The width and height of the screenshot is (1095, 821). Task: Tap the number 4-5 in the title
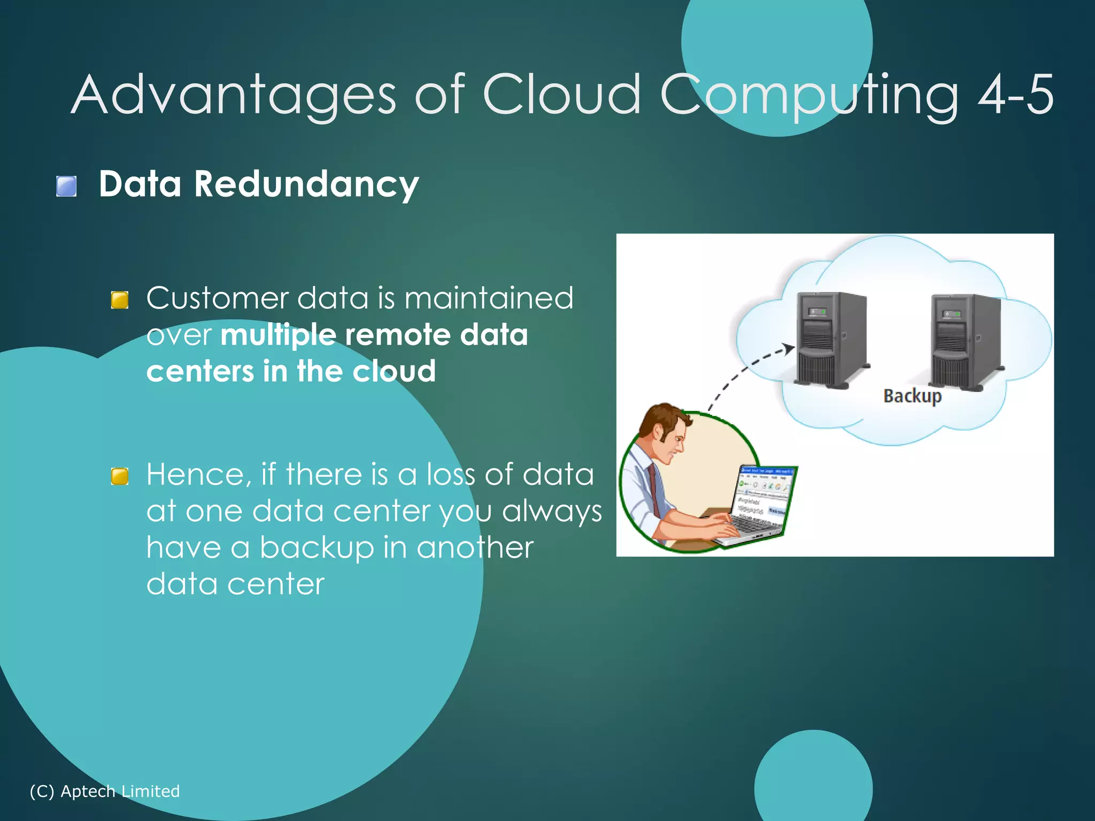1016,95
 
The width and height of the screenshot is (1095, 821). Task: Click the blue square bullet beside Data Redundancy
66,187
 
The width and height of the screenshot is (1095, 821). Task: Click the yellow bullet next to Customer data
120,300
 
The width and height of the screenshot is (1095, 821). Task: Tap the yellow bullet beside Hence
120,476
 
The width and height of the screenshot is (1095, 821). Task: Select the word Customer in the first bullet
217,298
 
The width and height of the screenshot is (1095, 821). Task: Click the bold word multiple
278,335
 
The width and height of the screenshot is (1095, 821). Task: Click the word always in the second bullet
552,512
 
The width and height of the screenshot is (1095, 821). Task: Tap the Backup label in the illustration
912,396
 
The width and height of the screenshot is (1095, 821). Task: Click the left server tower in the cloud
830,339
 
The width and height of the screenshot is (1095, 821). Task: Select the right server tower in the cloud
965,340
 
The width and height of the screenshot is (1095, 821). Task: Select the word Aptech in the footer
88,791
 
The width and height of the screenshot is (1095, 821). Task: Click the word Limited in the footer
150,791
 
